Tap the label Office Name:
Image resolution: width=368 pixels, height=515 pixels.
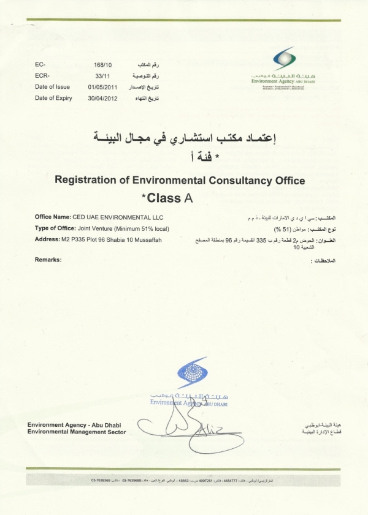[x=53, y=217]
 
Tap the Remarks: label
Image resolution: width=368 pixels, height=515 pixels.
[x=48, y=260]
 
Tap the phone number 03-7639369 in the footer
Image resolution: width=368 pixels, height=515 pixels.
[x=102, y=481]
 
